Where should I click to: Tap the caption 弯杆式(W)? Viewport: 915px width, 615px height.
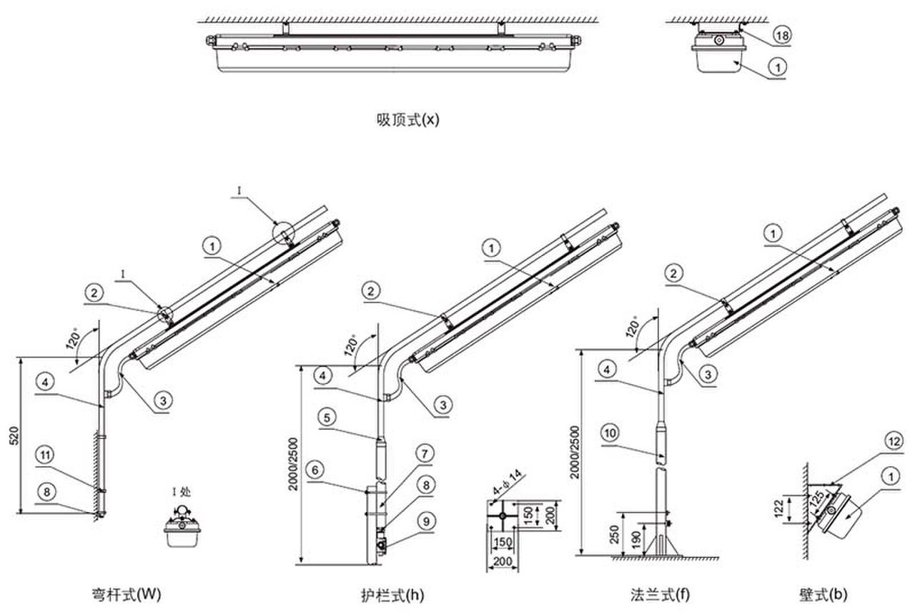point(127,594)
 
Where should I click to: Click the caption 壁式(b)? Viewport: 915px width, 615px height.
point(823,594)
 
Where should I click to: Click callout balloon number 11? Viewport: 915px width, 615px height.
point(44,456)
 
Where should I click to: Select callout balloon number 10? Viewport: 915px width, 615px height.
point(610,433)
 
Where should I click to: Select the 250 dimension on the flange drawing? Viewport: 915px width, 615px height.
point(613,533)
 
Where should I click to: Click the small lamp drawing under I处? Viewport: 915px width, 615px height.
point(182,528)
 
